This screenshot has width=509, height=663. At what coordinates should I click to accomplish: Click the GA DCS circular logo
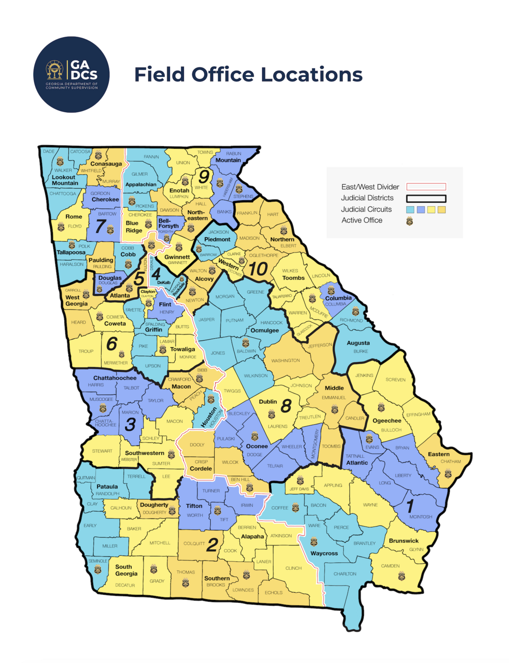click(x=71, y=74)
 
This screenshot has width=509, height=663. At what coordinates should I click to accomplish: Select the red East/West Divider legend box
click(x=426, y=187)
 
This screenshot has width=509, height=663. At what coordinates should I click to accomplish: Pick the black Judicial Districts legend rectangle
click(x=426, y=198)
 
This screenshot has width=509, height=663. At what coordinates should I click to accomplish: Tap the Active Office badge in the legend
click(x=409, y=221)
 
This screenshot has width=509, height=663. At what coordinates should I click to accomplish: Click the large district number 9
click(x=204, y=176)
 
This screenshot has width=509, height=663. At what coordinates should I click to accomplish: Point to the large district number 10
click(x=258, y=268)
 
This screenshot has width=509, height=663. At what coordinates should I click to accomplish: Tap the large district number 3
click(x=130, y=424)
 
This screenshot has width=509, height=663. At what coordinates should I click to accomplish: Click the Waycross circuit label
click(x=324, y=553)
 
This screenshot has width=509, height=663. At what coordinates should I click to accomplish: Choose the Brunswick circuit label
click(x=404, y=541)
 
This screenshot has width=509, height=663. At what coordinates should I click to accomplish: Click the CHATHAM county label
click(x=450, y=462)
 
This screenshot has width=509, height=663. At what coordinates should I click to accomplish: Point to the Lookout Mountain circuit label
click(x=65, y=180)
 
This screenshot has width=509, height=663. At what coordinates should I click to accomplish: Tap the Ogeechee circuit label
click(x=387, y=421)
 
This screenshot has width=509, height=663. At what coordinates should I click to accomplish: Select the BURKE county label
click(x=360, y=351)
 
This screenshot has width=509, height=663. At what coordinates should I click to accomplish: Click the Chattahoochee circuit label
click(x=115, y=378)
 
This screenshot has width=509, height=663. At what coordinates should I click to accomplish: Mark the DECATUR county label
click(x=125, y=585)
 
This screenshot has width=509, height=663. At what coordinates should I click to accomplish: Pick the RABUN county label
click(x=234, y=153)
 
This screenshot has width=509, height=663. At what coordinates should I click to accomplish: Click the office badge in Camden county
click(x=401, y=575)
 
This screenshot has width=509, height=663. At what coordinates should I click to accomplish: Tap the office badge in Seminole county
click(x=98, y=570)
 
